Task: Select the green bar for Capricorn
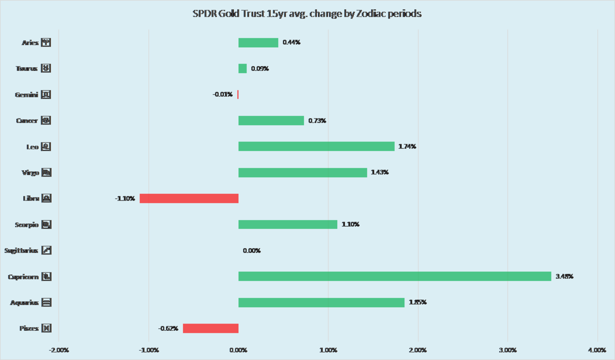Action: (395, 276)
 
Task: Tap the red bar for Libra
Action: (189, 198)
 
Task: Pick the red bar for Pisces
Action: (211, 328)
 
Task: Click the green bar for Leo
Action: (316, 147)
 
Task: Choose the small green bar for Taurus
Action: (242, 69)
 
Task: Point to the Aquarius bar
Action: (321, 303)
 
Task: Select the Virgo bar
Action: (302, 172)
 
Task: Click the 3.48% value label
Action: (564, 276)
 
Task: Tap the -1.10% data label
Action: (125, 198)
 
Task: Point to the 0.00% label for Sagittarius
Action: (252, 251)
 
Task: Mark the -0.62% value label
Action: (168, 328)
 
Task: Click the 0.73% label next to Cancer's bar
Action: (317, 121)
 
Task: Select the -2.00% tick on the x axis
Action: (59, 350)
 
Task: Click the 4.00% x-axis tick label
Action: (597, 350)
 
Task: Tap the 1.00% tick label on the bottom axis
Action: (328, 350)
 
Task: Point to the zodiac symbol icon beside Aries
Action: (46, 43)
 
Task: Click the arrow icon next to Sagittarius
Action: (46, 251)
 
